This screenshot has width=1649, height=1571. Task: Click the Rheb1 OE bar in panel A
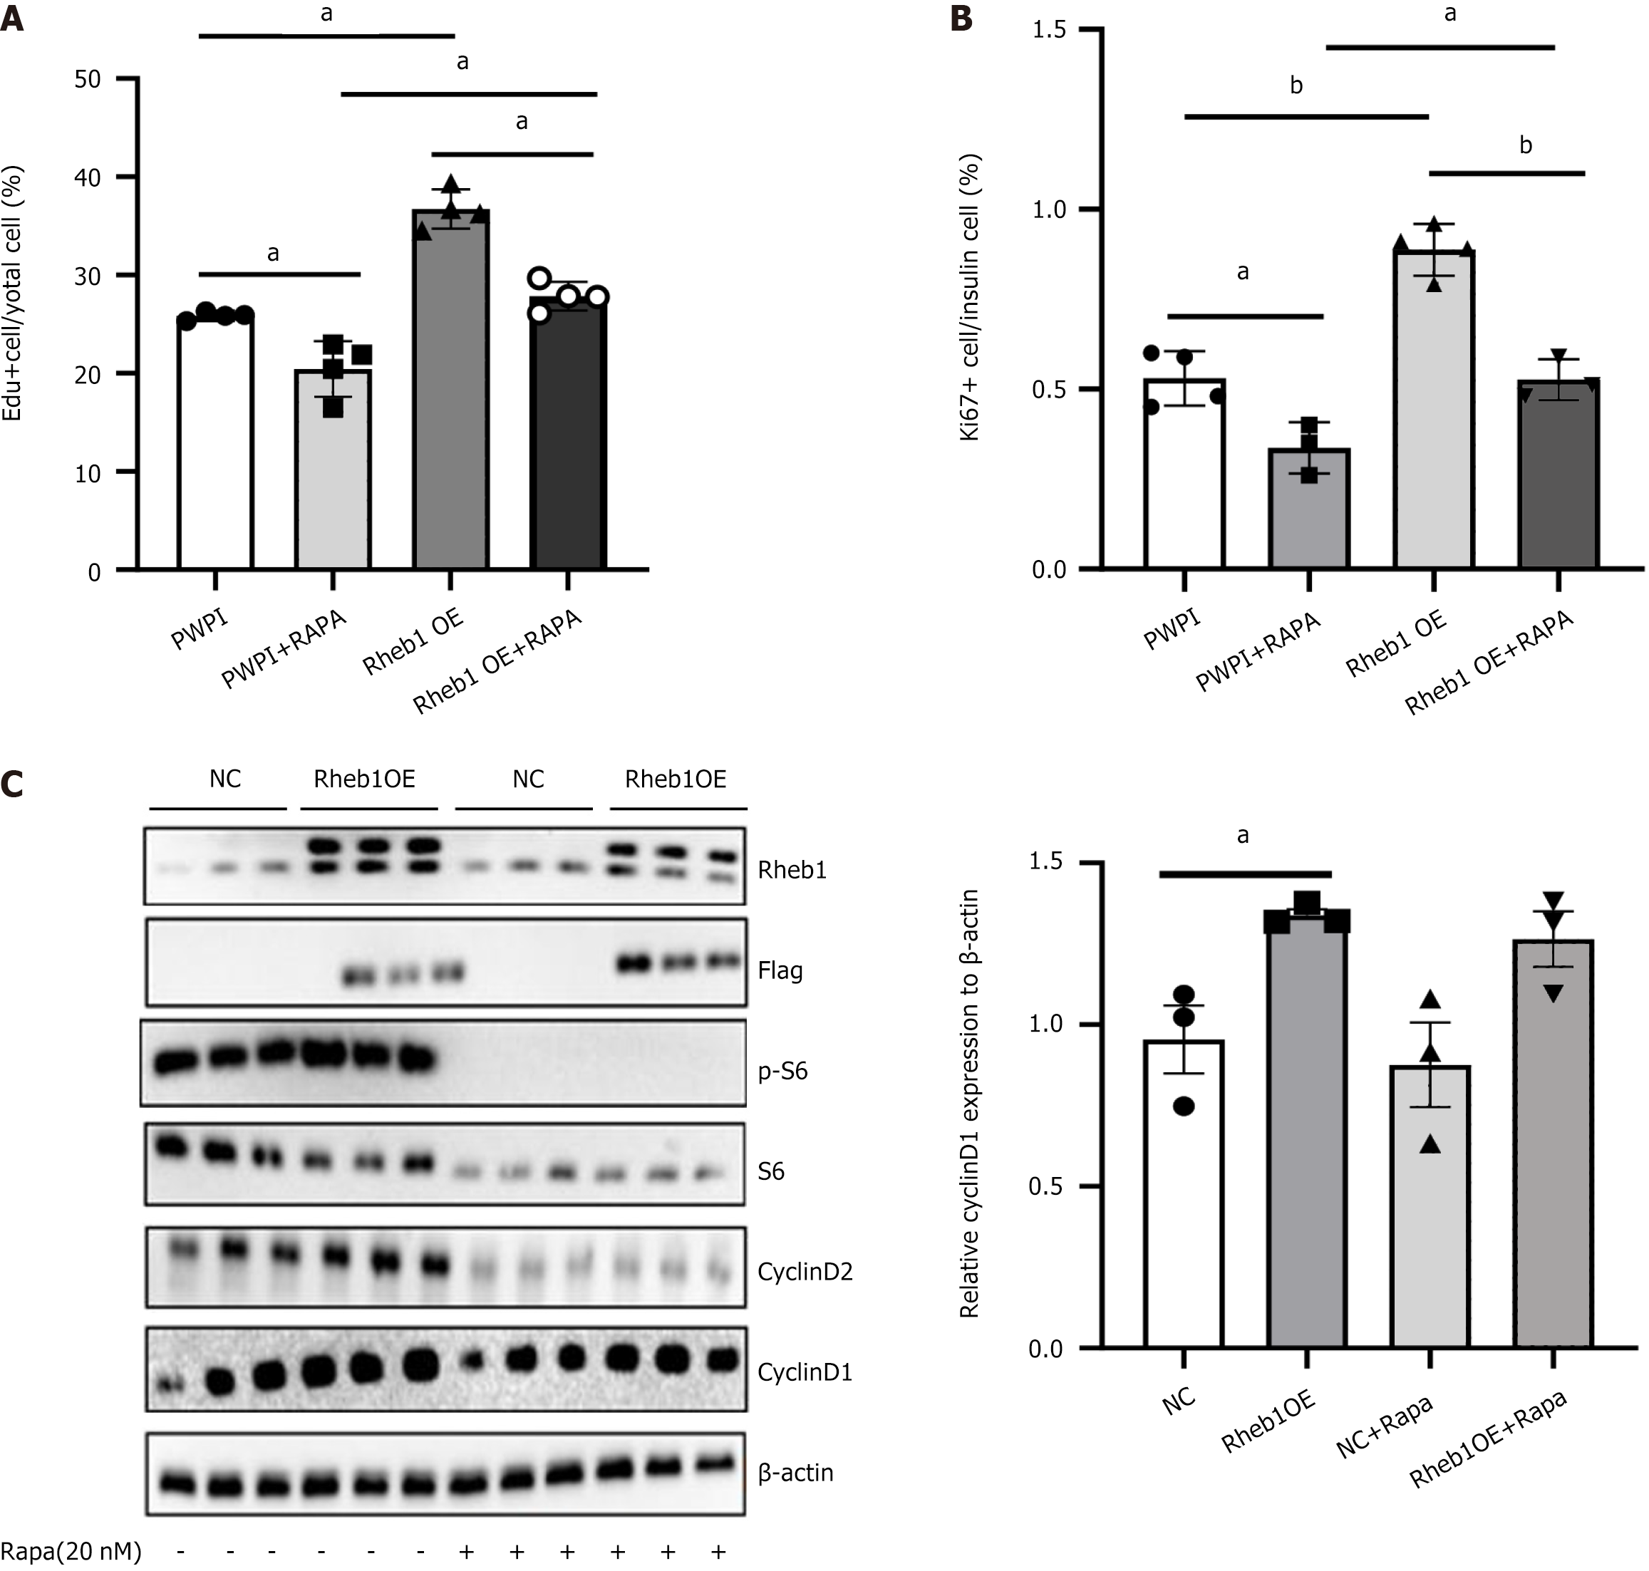(450, 393)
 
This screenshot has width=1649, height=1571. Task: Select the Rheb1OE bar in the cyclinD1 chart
(1306, 1131)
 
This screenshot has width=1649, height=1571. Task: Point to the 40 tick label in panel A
(87, 177)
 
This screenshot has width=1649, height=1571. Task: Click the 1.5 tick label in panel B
(1050, 30)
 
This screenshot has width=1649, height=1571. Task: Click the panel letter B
(962, 19)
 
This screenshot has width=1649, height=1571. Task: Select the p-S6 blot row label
(782, 1072)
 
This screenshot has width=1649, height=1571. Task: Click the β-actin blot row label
(795, 1473)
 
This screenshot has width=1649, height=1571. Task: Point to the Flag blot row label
(780, 971)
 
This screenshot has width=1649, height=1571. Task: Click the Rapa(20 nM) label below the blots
(71, 1551)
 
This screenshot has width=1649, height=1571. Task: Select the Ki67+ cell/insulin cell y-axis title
(970, 297)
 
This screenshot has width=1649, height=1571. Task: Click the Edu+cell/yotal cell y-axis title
(13, 293)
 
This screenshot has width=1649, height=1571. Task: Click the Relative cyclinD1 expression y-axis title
(969, 1104)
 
